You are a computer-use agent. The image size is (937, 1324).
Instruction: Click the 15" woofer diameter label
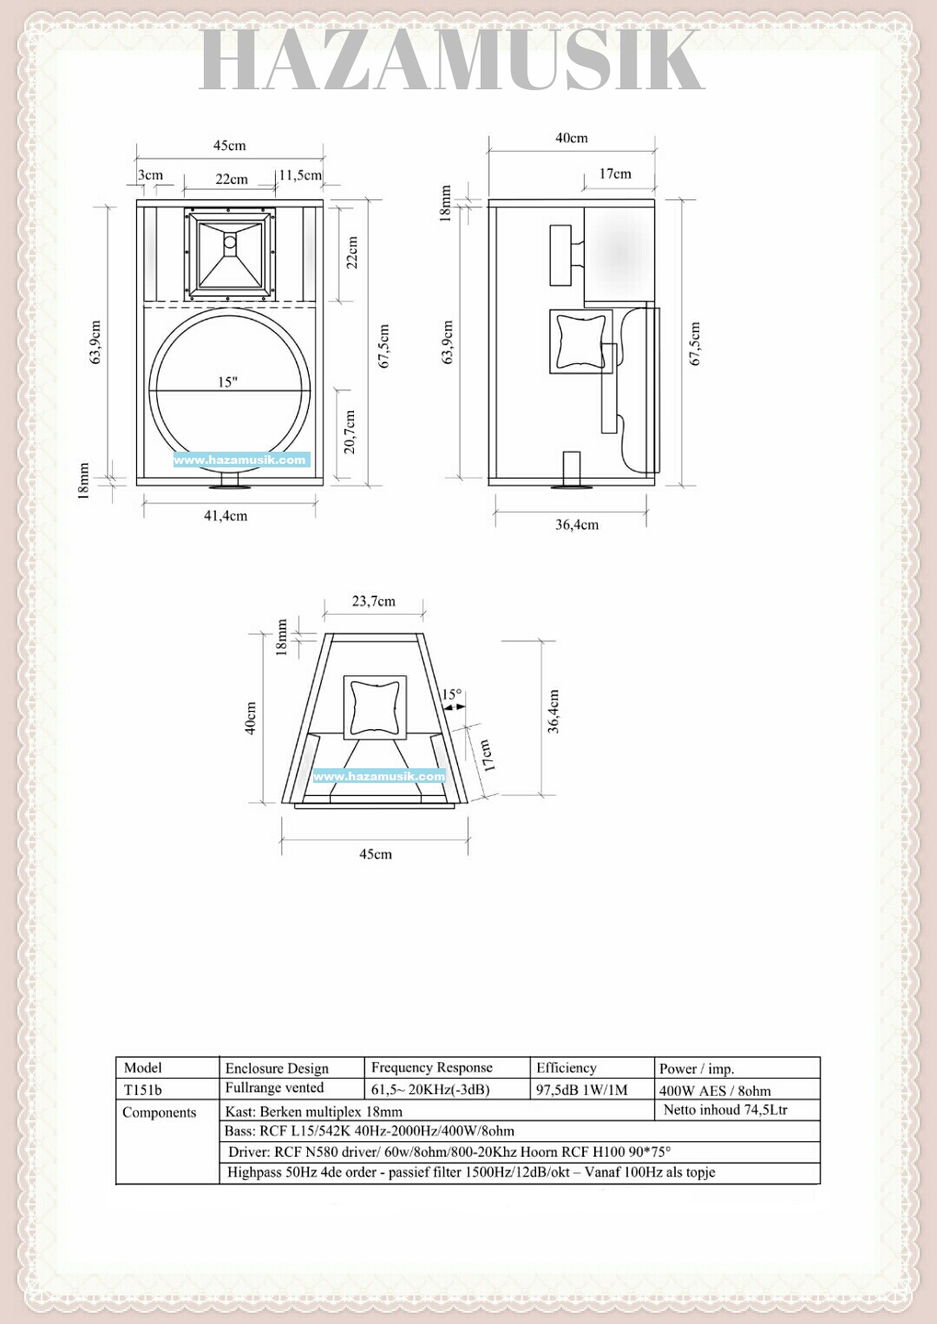(227, 382)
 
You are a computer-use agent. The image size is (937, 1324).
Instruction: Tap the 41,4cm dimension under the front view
(226, 516)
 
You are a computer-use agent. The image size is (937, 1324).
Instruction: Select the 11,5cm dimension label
(300, 175)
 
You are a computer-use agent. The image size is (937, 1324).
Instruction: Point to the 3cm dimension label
(151, 175)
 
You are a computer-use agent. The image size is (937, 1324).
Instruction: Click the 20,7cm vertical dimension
(350, 432)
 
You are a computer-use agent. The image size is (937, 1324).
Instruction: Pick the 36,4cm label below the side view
(577, 525)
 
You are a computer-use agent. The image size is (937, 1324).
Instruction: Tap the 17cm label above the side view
(615, 173)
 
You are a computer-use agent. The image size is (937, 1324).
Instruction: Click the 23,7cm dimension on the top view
(374, 601)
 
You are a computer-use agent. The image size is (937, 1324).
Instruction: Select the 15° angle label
(452, 694)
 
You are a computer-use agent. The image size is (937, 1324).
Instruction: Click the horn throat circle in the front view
(230, 242)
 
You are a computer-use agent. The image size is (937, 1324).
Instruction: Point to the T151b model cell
(143, 1090)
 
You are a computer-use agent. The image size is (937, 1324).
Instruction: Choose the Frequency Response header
(432, 1067)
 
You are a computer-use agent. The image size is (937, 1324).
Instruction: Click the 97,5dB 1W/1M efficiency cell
(581, 1090)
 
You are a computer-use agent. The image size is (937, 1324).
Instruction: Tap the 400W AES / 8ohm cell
(715, 1091)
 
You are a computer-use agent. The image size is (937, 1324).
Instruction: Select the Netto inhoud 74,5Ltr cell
(725, 1110)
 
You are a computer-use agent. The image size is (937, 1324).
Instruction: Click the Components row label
(160, 1112)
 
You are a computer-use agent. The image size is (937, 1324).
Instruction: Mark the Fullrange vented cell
(274, 1088)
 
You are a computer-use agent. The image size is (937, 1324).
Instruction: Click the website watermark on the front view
(240, 460)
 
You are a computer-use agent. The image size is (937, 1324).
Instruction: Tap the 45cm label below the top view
(376, 854)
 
